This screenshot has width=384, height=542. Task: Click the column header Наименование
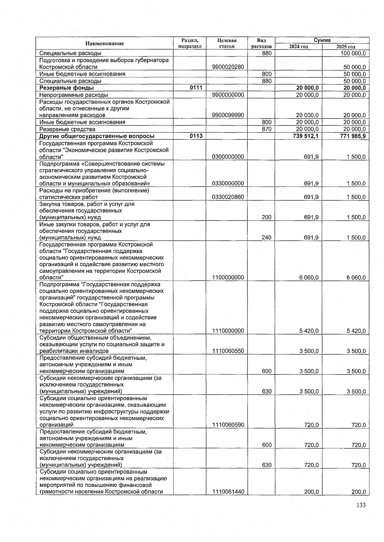pos(104,44)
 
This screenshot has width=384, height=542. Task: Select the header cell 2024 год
pos(299,47)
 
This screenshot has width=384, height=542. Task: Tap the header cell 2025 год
pos(346,47)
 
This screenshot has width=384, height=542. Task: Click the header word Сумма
pos(322,40)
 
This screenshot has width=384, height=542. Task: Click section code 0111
pos(196,88)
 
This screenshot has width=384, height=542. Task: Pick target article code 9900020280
pos(228,67)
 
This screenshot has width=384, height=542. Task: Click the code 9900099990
pos(228,115)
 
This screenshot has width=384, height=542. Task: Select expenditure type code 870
pos(267,129)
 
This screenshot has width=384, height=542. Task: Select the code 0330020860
pos(228,197)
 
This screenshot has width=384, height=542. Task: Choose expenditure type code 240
pos(267,238)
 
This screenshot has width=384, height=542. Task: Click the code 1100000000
pos(228,278)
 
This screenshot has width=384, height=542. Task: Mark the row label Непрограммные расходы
pos(74,95)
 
